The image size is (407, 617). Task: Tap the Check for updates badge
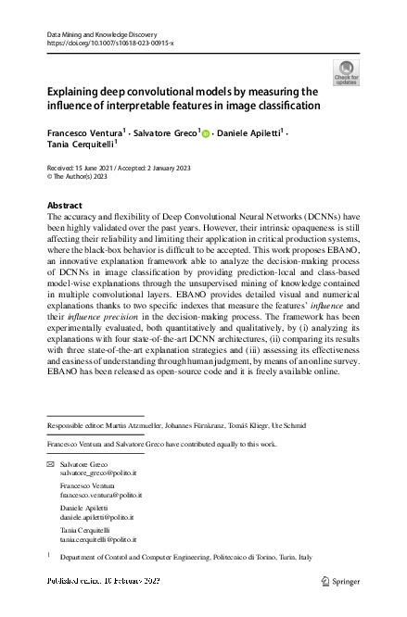[346, 73]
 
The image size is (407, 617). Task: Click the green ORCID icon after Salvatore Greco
[205, 133]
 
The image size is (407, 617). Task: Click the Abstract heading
[64, 205]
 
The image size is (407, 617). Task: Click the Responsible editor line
[168, 426]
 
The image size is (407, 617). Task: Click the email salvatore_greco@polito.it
[96, 472]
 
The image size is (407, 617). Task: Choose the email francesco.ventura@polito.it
[100, 496]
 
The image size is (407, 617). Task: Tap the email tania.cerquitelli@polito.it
[98, 538]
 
